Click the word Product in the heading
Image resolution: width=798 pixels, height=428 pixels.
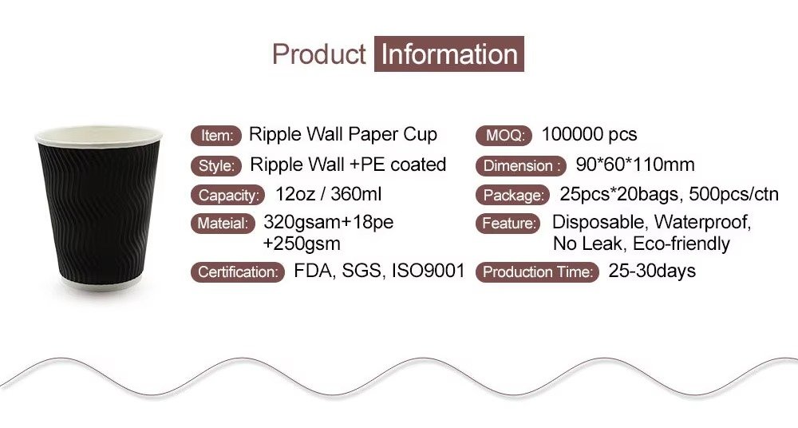(x=318, y=54)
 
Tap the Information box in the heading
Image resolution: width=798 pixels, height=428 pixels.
(x=448, y=54)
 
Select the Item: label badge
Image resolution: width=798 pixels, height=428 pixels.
(x=216, y=136)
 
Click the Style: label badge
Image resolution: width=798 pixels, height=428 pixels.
(x=216, y=165)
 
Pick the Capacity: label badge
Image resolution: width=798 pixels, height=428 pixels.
(x=228, y=195)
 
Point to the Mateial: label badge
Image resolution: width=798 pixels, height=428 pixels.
(x=223, y=223)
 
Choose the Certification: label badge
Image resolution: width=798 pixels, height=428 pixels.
(x=238, y=272)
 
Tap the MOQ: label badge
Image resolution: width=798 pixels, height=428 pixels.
(x=504, y=136)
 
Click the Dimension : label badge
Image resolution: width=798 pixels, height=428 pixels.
(x=521, y=165)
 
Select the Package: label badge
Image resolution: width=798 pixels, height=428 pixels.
(x=513, y=195)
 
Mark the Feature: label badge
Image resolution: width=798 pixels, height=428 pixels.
(x=508, y=223)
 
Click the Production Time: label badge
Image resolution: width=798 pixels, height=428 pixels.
(x=537, y=272)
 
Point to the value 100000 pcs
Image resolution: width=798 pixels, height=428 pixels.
(x=590, y=134)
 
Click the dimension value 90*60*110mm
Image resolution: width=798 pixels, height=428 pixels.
(x=635, y=164)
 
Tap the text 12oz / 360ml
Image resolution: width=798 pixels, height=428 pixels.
(x=328, y=194)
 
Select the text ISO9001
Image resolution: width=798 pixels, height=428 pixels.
(x=428, y=271)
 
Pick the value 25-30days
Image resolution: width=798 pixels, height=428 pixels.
(x=652, y=271)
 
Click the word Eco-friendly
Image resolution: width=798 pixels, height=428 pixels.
(x=681, y=244)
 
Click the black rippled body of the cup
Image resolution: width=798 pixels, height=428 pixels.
(x=99, y=212)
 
